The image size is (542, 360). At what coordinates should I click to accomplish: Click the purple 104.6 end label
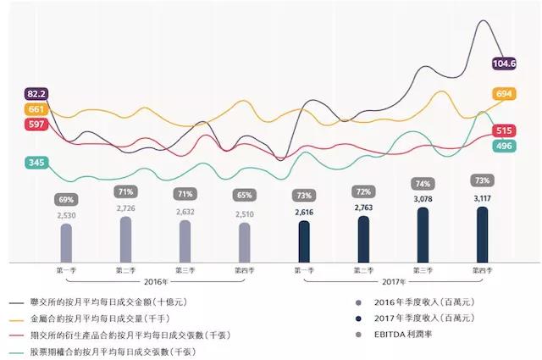(504, 63)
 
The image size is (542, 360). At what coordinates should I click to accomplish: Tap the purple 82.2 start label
(36, 93)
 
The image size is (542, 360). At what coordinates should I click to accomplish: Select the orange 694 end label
(504, 94)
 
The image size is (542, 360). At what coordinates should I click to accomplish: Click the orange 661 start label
(36, 109)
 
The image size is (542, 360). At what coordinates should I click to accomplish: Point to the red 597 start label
(36, 125)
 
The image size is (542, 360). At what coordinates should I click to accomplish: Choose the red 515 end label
(505, 130)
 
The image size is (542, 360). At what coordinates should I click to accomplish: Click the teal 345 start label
(36, 162)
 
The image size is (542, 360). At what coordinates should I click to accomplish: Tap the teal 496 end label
(504, 147)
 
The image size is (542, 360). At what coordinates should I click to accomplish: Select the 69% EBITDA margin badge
(66, 200)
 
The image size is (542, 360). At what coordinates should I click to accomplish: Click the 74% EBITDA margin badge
(423, 184)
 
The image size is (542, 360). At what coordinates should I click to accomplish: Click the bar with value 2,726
(125, 239)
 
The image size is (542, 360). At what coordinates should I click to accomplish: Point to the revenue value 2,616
(304, 213)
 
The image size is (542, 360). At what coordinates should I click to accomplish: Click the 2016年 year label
(155, 280)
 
